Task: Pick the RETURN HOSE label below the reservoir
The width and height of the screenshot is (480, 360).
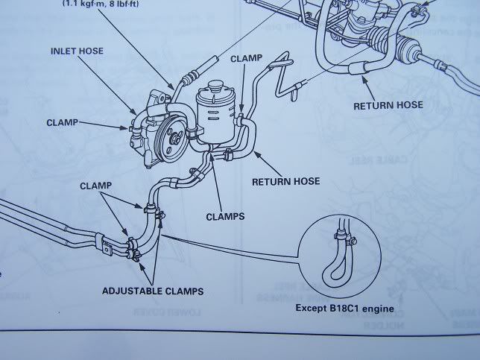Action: [x=285, y=180]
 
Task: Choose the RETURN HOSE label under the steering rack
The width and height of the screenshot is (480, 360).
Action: [x=388, y=104]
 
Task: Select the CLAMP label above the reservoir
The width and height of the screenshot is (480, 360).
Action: [x=247, y=57]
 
